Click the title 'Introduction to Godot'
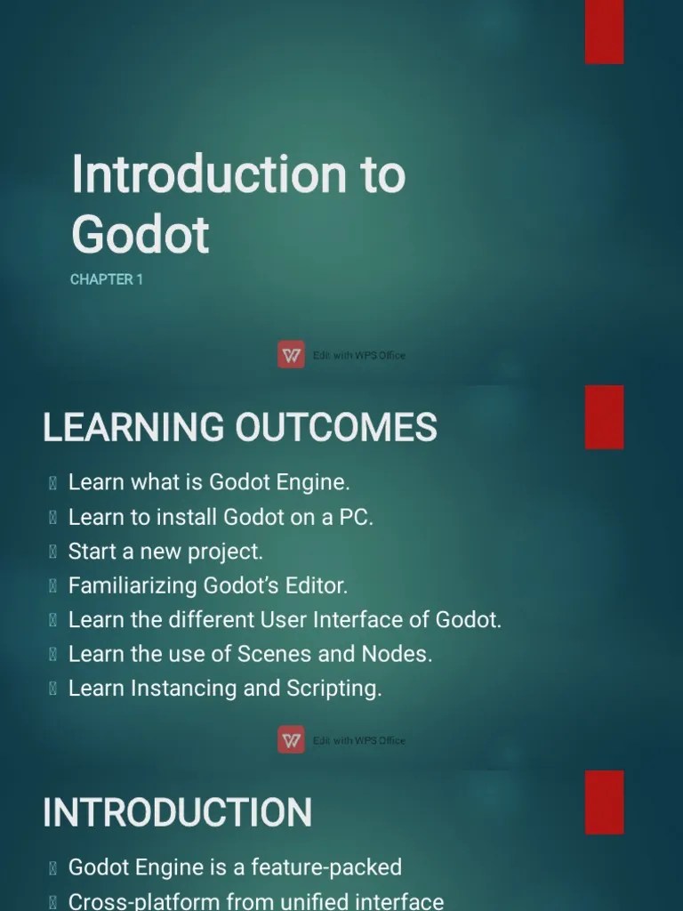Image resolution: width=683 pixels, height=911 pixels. (237, 203)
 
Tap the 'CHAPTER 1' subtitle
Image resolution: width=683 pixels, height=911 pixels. (107, 279)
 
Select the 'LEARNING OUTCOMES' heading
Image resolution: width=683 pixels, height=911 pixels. (240, 427)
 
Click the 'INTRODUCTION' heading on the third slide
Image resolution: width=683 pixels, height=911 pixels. (177, 812)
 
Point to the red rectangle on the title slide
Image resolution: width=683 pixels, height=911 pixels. (604, 32)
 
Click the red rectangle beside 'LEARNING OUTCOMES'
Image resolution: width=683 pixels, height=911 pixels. (604, 417)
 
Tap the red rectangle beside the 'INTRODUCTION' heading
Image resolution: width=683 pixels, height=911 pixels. (604, 802)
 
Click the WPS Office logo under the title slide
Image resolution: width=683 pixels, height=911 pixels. (291, 355)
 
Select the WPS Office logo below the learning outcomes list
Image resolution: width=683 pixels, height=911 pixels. (291, 740)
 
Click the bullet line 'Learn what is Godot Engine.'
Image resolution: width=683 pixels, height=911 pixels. (209, 482)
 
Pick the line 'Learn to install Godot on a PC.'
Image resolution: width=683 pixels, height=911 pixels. (221, 517)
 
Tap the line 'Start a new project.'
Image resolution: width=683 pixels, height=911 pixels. (165, 552)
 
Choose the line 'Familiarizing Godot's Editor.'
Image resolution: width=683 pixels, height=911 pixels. (207, 585)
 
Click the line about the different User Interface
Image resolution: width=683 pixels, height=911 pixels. (285, 620)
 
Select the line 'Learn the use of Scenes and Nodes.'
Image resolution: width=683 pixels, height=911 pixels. (250, 654)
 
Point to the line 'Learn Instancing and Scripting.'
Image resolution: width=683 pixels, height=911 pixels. (225, 689)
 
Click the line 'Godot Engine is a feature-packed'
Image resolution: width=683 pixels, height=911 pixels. (235, 867)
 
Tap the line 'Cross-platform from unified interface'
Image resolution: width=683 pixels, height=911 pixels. (256, 901)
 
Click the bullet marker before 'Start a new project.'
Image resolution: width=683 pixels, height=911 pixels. (53, 552)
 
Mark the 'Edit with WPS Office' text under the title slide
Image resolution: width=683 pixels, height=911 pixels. (358, 356)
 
